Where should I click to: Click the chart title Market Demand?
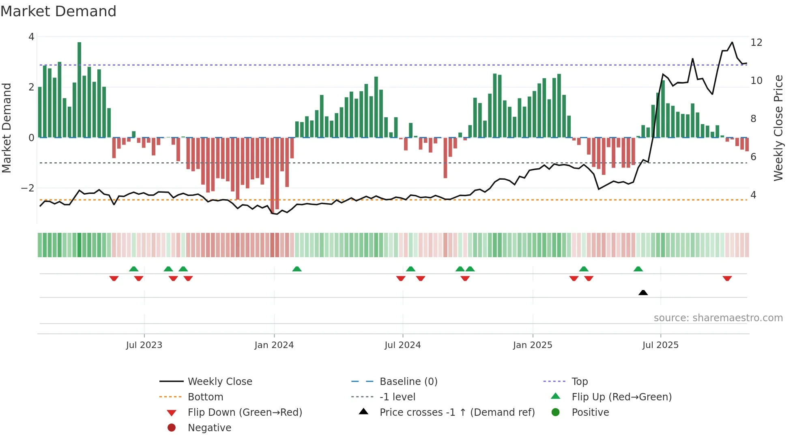tap(58, 11)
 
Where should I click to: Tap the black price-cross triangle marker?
tap(643, 292)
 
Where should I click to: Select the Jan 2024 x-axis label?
tap(274, 345)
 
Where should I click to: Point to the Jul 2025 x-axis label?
tap(660, 345)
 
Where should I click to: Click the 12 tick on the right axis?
tap(756, 43)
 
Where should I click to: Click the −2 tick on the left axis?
tap(28, 188)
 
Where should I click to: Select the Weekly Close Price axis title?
tap(778, 128)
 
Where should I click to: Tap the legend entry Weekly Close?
tap(219, 382)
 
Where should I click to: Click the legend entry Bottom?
tap(205, 397)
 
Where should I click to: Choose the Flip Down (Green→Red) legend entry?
tap(245, 413)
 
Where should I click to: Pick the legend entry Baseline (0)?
tap(408, 382)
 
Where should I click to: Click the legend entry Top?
tap(579, 382)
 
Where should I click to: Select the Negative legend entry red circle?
tap(172, 428)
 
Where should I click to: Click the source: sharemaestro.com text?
tap(718, 318)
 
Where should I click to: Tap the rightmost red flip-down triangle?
tap(727, 279)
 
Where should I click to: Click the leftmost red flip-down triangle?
tap(114, 279)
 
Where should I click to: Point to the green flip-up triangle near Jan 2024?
tap(297, 269)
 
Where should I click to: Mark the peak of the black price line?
tap(732, 42)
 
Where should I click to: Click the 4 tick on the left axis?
tap(31, 37)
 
